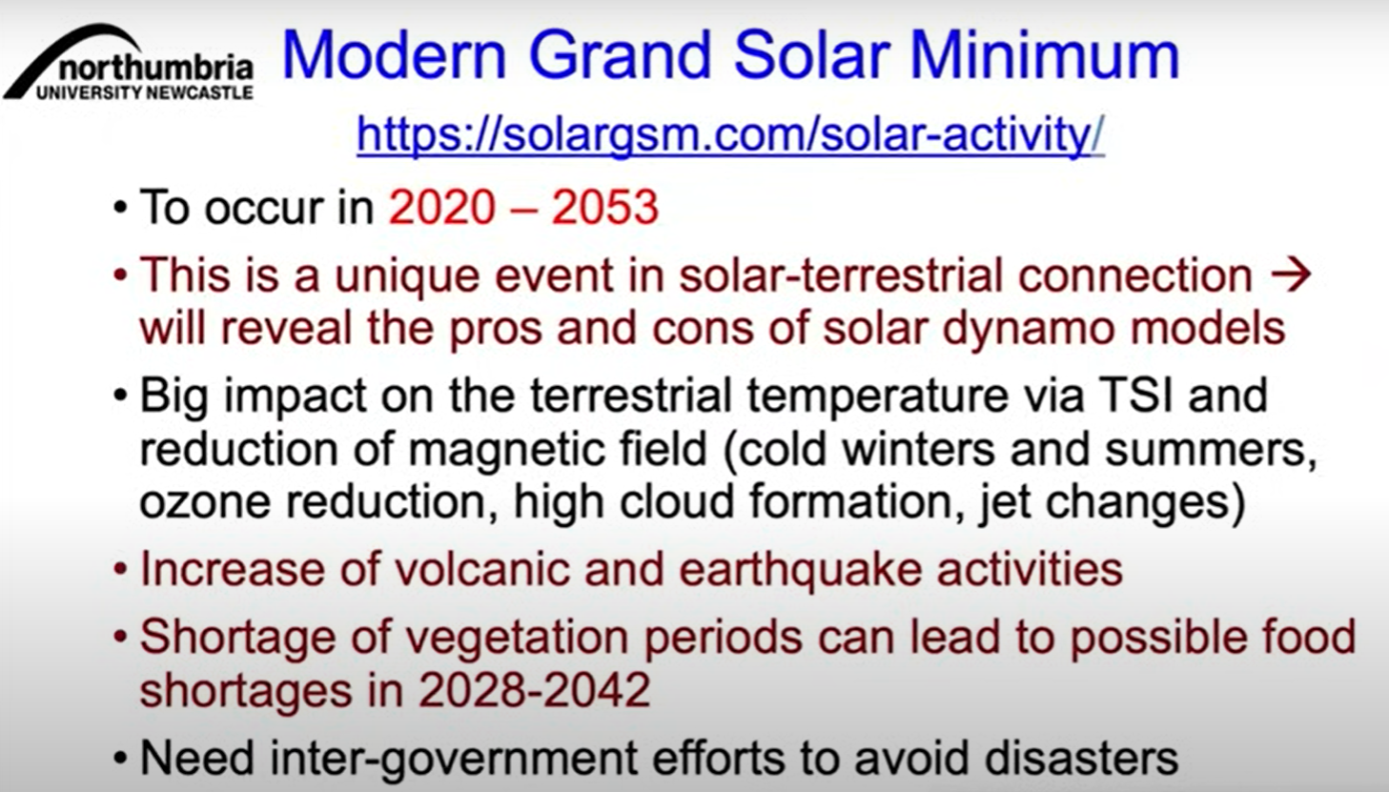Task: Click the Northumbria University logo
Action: [129, 62]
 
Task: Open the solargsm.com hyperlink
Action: [730, 134]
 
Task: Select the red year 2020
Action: [441, 207]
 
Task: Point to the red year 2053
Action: [605, 207]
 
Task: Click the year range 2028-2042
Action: [535, 690]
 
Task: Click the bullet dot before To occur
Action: [120, 208]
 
